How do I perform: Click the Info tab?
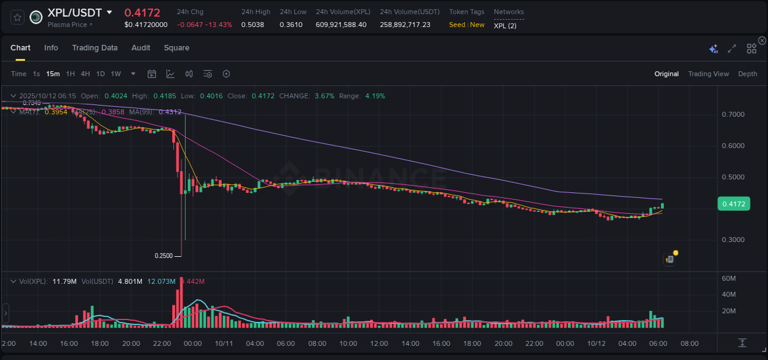(51, 48)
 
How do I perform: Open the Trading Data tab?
(95, 48)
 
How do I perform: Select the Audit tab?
(141, 48)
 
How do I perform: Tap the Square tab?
(176, 48)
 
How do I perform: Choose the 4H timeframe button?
(85, 74)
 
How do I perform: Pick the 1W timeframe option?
(116, 74)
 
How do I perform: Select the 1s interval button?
(36, 74)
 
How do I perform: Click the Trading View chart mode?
(708, 74)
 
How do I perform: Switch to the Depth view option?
(748, 74)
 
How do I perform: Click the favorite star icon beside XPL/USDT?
(17, 17)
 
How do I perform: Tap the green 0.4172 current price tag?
(734, 204)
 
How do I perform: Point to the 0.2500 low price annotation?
(163, 256)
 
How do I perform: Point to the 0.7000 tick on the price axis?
(733, 115)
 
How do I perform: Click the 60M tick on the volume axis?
(729, 279)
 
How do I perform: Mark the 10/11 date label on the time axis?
(224, 343)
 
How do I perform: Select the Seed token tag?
(457, 25)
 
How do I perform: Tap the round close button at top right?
(762, 41)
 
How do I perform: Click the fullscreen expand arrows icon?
(732, 49)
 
